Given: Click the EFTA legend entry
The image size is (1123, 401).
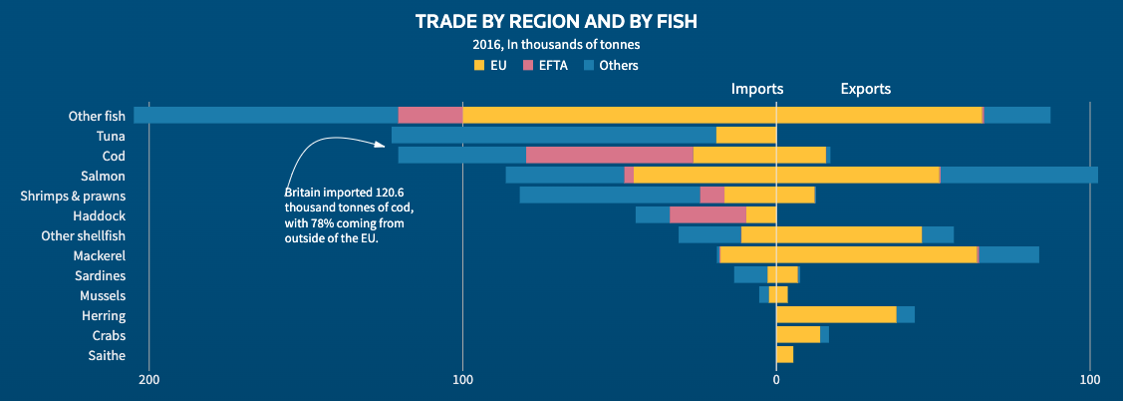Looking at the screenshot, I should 547,66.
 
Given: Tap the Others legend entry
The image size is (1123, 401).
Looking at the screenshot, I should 610,66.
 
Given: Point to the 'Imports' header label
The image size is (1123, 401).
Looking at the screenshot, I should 757,89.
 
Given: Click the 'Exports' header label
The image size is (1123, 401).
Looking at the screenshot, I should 866,89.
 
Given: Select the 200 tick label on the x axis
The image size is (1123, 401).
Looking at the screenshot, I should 149,380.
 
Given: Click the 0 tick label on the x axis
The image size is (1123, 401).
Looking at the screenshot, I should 776,380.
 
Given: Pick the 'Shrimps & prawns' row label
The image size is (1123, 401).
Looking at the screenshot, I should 72,196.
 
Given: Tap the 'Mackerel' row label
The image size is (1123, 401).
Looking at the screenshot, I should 100,255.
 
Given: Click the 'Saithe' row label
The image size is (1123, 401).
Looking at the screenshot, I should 108,355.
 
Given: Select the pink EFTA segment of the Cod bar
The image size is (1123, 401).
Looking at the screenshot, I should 609,155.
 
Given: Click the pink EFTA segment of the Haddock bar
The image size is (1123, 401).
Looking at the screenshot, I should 707,214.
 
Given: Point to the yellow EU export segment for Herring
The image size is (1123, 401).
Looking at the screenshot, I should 836,314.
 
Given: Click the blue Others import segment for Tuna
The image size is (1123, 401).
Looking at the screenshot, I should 553,135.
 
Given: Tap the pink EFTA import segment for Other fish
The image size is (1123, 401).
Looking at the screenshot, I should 430,115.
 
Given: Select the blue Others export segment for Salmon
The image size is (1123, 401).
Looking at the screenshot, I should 1018,175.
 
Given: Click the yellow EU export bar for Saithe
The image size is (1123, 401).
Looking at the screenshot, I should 784,354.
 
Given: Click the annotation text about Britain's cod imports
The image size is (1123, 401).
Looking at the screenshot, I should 349,214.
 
